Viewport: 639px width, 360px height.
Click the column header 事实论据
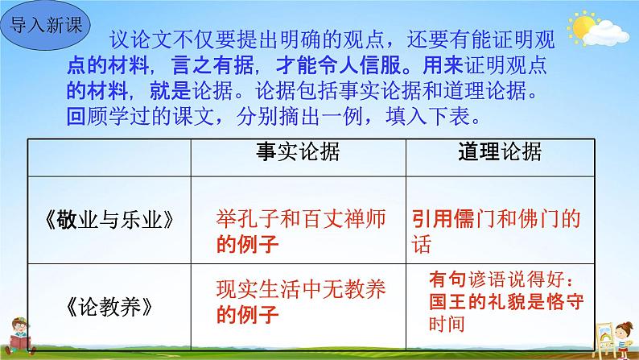pyautogui.click(x=298, y=152)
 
